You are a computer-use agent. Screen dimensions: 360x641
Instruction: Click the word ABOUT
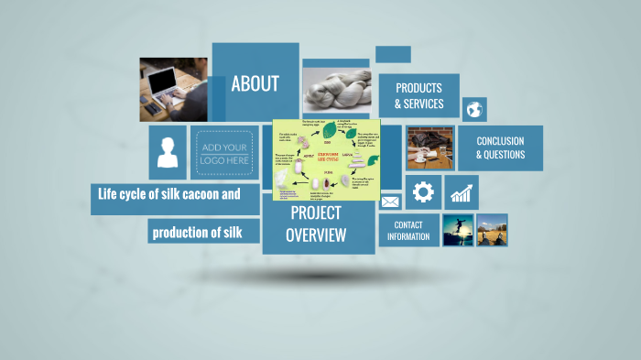[x=255, y=84]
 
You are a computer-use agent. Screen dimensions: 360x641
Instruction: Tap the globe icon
[x=474, y=110]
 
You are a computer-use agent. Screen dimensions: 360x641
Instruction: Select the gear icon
[x=422, y=192]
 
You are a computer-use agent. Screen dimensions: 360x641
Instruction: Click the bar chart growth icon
[x=462, y=192]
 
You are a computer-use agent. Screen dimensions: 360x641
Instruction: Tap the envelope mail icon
[x=391, y=202]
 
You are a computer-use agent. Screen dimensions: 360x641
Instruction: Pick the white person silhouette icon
[x=168, y=152]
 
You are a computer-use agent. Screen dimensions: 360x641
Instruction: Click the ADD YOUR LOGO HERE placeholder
[x=224, y=153]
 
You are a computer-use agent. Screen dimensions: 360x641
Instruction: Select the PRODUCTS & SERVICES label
[x=418, y=96]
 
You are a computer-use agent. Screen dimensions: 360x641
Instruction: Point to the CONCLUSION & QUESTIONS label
[x=500, y=148]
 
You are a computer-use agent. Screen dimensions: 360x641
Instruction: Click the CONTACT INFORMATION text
[x=407, y=231]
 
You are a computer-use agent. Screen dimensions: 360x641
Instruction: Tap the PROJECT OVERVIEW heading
[x=316, y=224]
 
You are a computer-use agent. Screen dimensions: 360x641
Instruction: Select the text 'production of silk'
[x=197, y=232]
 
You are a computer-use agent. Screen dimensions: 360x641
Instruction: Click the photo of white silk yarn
[x=335, y=84]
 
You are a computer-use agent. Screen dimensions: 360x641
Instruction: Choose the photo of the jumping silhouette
[x=458, y=230]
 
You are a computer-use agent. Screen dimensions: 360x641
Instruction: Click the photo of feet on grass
[x=492, y=230]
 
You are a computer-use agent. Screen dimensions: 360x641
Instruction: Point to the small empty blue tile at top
[x=393, y=54]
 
